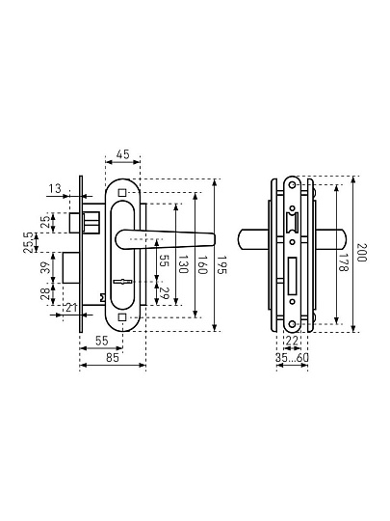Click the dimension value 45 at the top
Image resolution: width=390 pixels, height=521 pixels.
tap(122, 154)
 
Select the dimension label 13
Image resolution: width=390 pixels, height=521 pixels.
tap(55, 189)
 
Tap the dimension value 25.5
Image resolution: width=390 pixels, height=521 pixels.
tap(29, 243)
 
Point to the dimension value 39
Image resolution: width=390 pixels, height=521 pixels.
tap(46, 267)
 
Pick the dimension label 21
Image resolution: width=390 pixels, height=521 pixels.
tap(71, 308)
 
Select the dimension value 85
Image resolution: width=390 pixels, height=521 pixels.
tap(113, 358)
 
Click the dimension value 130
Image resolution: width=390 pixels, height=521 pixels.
tap(183, 264)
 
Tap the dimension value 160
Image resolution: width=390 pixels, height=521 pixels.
tap(202, 264)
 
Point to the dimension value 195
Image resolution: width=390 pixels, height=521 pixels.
tap(221, 264)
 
